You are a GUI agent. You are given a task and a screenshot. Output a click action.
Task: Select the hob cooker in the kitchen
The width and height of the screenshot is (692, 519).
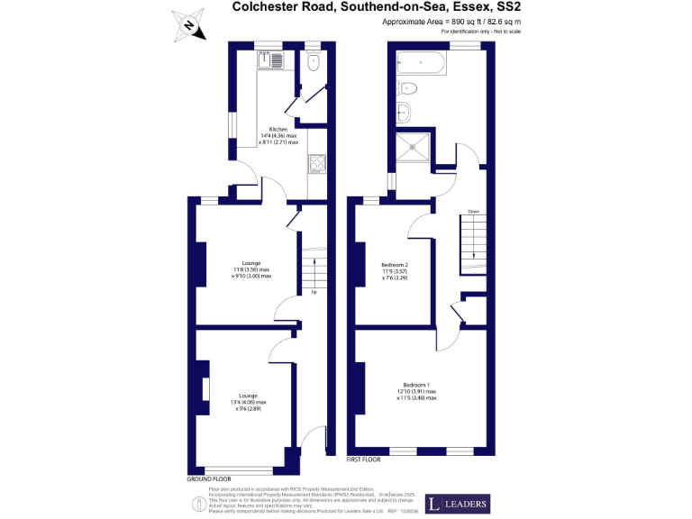[x=317, y=164]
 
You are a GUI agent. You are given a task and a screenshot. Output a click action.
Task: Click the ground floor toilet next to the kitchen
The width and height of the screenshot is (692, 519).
[x=312, y=63]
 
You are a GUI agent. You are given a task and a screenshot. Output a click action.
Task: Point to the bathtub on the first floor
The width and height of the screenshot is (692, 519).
[x=421, y=64]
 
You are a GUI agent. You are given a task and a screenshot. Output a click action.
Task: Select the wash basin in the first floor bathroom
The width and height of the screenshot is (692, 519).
[x=405, y=112]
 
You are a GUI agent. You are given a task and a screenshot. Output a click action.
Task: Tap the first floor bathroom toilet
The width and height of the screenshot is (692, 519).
[x=407, y=87]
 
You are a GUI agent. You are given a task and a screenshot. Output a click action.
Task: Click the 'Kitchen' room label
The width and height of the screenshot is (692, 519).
[x=278, y=129]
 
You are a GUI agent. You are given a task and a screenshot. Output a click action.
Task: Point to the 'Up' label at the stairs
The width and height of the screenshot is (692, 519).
[x=314, y=293]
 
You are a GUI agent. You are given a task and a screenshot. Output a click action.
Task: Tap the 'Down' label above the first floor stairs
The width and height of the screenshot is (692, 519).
[x=473, y=212]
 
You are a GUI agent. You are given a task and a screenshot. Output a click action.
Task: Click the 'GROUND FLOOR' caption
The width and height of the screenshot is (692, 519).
[x=209, y=478]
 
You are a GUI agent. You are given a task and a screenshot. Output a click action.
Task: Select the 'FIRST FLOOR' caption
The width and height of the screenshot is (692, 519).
[x=364, y=460]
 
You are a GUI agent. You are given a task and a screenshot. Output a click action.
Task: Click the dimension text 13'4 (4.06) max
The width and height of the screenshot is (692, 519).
[x=252, y=402]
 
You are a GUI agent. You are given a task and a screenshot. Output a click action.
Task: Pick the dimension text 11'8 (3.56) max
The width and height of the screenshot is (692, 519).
[x=252, y=269]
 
